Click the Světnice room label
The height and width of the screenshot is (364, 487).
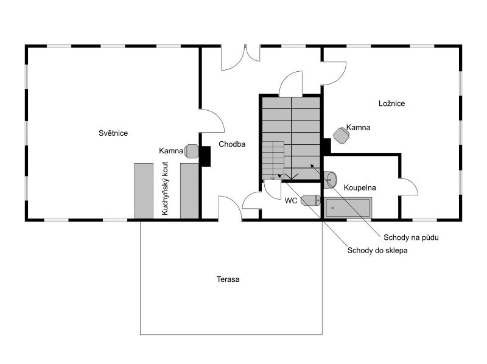113,133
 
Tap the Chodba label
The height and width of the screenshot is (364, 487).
232,145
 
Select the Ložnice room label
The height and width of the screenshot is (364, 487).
391,103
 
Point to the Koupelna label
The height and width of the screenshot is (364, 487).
359,187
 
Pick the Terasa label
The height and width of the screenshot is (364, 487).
228,279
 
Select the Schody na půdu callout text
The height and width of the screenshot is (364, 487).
411,237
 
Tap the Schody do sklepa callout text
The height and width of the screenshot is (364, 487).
377,250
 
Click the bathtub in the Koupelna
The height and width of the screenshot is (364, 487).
348,208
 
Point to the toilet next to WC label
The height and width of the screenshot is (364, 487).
310,200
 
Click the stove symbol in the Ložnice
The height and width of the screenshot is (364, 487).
340,135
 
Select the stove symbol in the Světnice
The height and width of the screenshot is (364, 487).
191,151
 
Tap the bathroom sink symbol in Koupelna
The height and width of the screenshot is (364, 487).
331,179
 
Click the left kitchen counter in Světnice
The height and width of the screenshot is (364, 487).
144,190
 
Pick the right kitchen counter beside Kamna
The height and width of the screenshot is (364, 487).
189,190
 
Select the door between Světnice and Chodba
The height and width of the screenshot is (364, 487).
212,121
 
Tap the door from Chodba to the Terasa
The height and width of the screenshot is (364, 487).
229,207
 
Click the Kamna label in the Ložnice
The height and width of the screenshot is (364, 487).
358,128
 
